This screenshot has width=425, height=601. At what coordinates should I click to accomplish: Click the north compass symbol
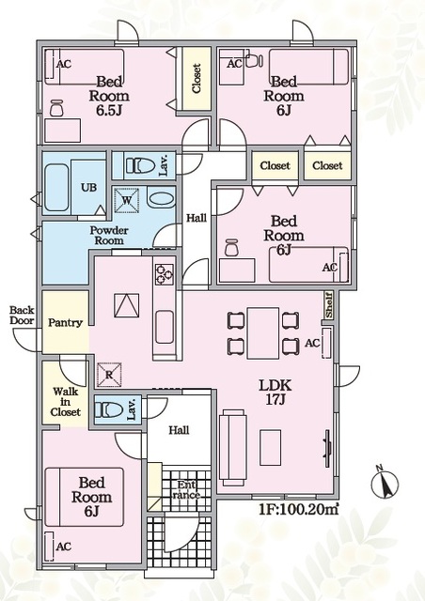pyautogui.click(x=386, y=483)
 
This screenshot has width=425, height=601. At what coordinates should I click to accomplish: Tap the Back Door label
pyautogui.click(x=22, y=316)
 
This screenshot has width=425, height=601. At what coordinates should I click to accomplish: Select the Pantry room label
pyautogui.click(x=65, y=323)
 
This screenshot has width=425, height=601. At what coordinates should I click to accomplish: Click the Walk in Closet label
pyautogui.click(x=66, y=402)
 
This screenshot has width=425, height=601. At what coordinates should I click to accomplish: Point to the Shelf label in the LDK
pyautogui.click(x=329, y=305)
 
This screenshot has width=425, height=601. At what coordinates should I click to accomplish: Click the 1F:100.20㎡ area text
pyautogui.click(x=299, y=510)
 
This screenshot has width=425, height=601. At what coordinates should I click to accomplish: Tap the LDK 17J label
pyautogui.click(x=275, y=393)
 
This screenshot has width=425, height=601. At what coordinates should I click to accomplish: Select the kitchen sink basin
pyautogui.click(x=165, y=327)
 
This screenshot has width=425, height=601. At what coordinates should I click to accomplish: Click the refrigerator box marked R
pyautogui.click(x=109, y=375)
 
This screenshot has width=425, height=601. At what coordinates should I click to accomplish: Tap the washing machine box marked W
pyautogui.click(x=127, y=200)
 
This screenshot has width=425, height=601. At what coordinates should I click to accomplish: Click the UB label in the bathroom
pyautogui.click(x=88, y=188)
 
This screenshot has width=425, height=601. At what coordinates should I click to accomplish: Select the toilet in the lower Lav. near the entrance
pyautogui.click(x=109, y=409)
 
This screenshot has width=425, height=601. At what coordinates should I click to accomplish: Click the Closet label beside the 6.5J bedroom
pyautogui.click(x=197, y=79)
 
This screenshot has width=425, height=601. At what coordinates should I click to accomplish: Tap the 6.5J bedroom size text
pyautogui.click(x=109, y=111)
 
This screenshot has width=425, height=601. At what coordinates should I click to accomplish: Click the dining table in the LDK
pyautogui.click(x=263, y=332)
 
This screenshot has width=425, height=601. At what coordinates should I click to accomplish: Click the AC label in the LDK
pyautogui.click(x=312, y=344)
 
